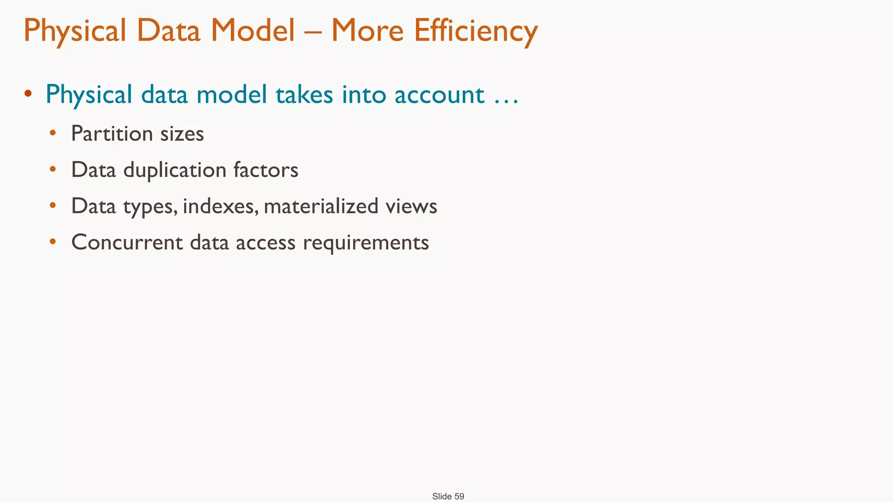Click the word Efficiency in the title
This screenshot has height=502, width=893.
[476, 31]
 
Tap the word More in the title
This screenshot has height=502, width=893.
[367, 31]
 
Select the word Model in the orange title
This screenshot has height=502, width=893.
[253, 31]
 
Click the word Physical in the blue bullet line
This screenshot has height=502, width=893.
[89, 95]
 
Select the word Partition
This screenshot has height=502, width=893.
[112, 133]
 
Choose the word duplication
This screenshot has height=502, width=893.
[174, 170]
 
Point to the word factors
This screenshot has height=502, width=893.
[266, 170]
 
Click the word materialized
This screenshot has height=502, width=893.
[320, 206]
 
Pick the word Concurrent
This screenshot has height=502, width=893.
[127, 242]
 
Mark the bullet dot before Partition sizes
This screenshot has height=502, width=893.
[53, 133]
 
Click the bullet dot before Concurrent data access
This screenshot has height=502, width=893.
[53, 242]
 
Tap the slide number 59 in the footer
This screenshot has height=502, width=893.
[459, 496]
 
